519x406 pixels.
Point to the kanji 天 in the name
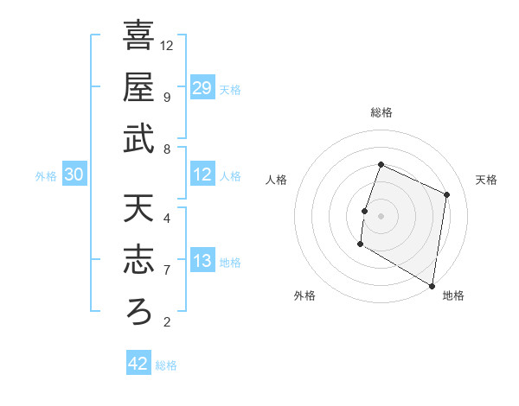tap(138, 208)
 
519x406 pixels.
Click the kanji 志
tap(138, 259)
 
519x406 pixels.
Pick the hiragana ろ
tap(138, 312)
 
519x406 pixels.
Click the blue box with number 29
tap(202, 88)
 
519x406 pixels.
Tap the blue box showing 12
tap(202, 175)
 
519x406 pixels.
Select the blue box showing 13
tap(202, 262)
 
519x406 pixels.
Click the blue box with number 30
tap(74, 175)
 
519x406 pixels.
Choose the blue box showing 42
tap(138, 364)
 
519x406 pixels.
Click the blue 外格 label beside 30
tap(46, 176)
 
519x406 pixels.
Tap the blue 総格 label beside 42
tap(166, 365)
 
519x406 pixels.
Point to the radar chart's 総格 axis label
tap(381, 112)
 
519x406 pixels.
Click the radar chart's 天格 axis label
tap(487, 180)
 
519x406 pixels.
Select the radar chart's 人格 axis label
tap(276, 180)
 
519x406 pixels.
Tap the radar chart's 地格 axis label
tap(453, 296)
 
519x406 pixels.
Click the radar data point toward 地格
tap(432, 285)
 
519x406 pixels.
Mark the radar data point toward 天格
tap(447, 194)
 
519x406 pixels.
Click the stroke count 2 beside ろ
tap(166, 323)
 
